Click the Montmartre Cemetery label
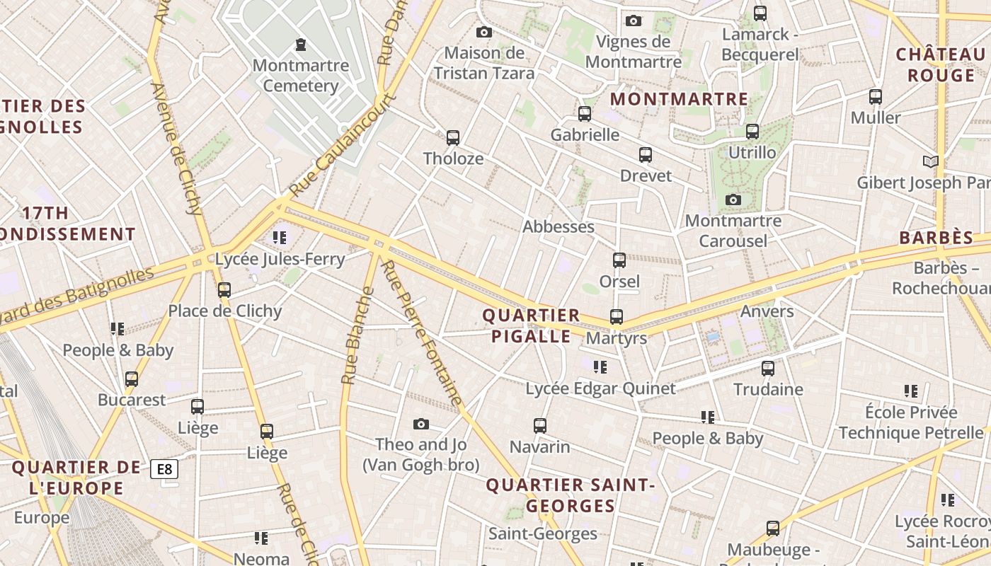click(x=301, y=76)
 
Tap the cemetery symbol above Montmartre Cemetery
click(x=301, y=45)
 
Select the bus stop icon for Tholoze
click(x=453, y=137)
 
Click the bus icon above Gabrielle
click(x=585, y=113)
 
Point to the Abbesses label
click(x=558, y=226)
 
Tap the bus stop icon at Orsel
click(x=619, y=260)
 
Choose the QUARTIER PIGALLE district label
click(x=531, y=325)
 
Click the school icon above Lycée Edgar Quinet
click(x=600, y=366)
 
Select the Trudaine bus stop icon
click(x=768, y=368)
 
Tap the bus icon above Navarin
click(x=540, y=425)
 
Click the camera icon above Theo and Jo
click(x=421, y=424)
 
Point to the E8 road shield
click(x=164, y=468)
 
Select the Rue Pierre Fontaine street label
click(x=423, y=333)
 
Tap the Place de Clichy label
click(x=224, y=311)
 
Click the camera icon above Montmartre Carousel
click(x=733, y=200)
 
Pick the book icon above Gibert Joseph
click(x=931, y=161)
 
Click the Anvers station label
click(x=767, y=311)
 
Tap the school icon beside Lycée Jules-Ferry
click(x=280, y=237)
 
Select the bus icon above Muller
click(x=876, y=96)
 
